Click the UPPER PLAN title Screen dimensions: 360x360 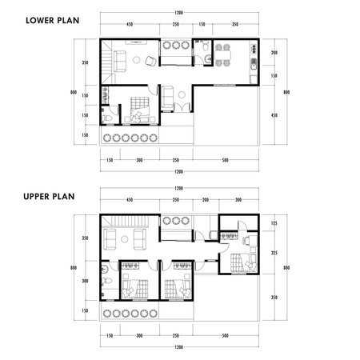coord(47,195)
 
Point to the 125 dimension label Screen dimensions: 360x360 coord(274,223)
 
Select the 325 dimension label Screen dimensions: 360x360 coord(274,253)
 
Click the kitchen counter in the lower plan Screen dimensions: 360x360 coord(253,62)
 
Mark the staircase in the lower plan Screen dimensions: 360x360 coord(107,57)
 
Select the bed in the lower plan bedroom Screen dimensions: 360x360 coord(138,104)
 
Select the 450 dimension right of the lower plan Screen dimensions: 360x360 coord(274,115)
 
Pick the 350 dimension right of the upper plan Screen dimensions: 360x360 coord(274,297)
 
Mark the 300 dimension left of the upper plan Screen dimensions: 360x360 coord(84,281)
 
